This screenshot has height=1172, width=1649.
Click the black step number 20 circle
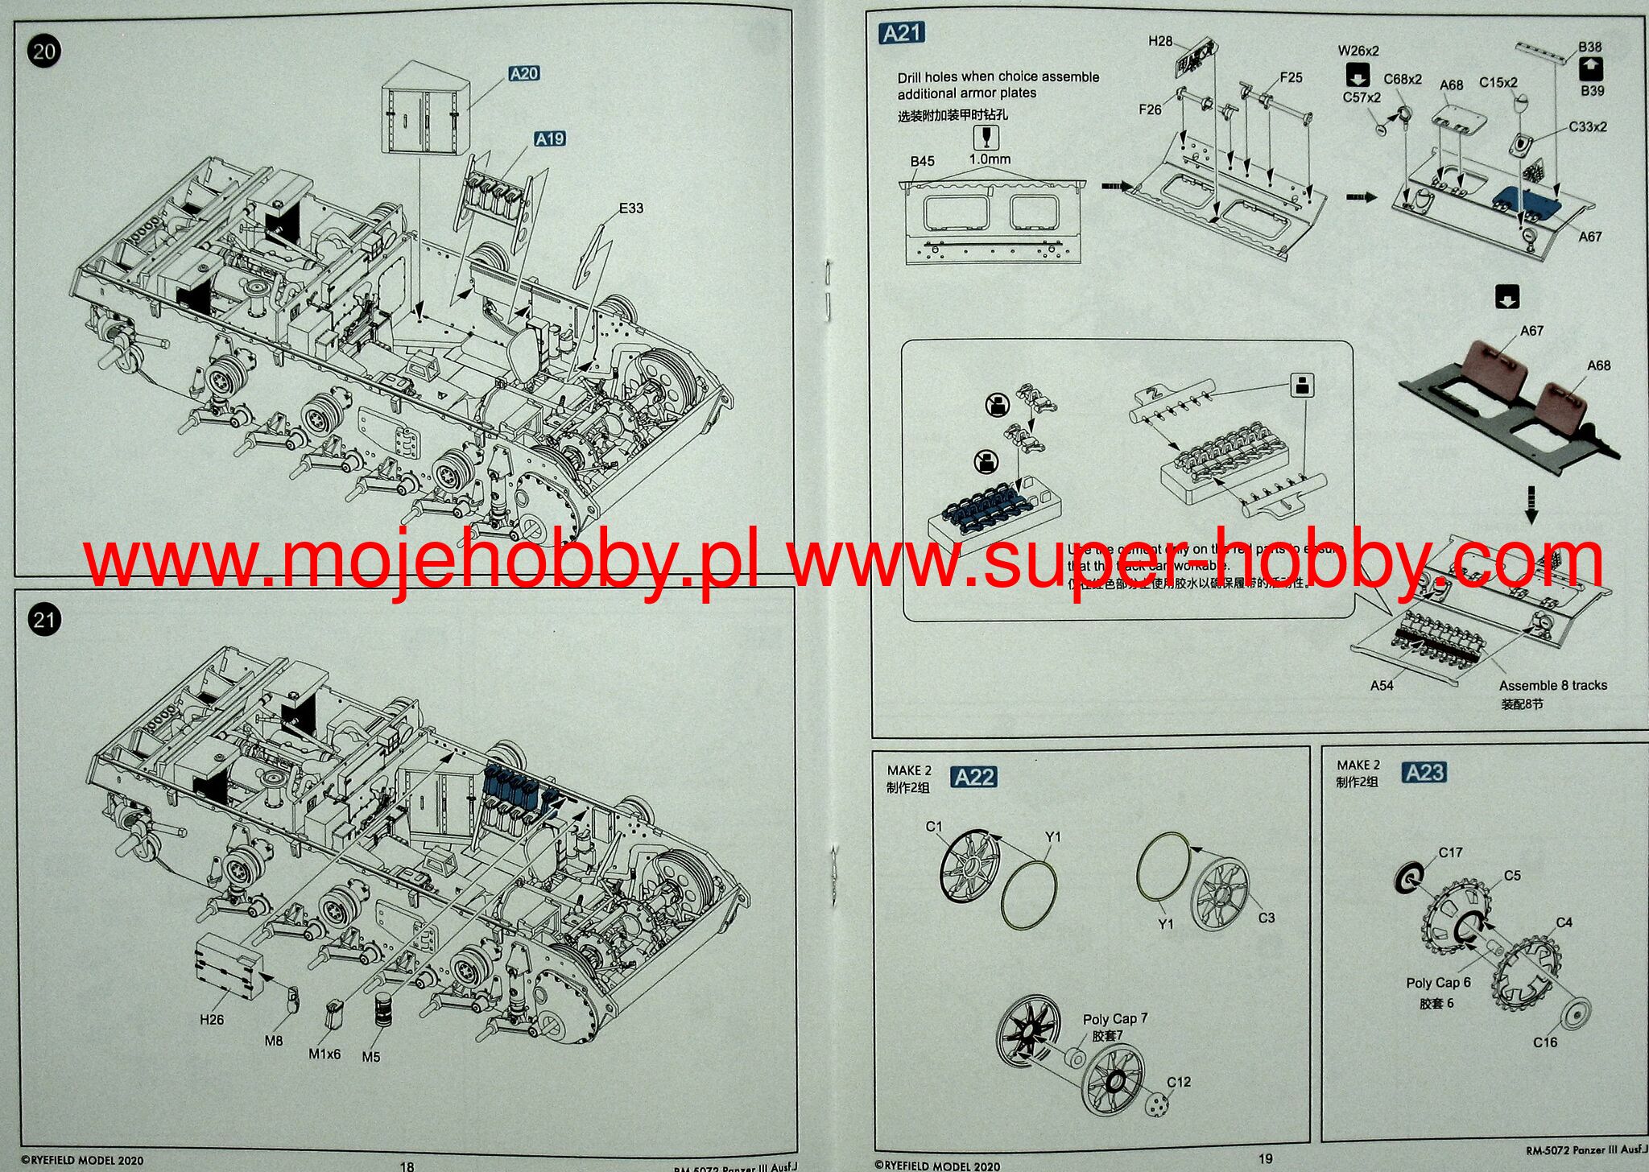(43, 52)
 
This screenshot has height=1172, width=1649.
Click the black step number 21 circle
(43, 620)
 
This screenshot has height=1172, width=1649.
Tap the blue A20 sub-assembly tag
(524, 74)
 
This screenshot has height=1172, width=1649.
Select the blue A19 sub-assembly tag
(550, 139)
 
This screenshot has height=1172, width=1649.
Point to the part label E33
(630, 208)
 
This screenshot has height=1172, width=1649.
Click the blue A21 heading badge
(902, 33)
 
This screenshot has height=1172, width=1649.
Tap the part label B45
(922, 161)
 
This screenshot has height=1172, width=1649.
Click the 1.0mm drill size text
(990, 159)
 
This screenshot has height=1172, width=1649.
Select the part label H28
(1160, 41)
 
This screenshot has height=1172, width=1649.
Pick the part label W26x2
(1358, 51)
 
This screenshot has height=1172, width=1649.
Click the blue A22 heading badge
(974, 777)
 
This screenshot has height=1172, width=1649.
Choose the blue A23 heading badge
(1424, 773)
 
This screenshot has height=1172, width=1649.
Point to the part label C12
(1179, 1082)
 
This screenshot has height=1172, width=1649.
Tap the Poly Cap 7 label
(1115, 1019)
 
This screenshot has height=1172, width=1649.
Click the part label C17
(1450, 852)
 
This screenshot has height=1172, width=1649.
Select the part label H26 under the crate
(212, 1020)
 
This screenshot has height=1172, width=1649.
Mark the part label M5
(370, 1057)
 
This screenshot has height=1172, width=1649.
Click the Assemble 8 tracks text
(1552, 686)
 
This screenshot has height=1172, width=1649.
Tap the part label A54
(1382, 686)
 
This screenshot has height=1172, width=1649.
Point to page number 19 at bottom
(1265, 1158)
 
